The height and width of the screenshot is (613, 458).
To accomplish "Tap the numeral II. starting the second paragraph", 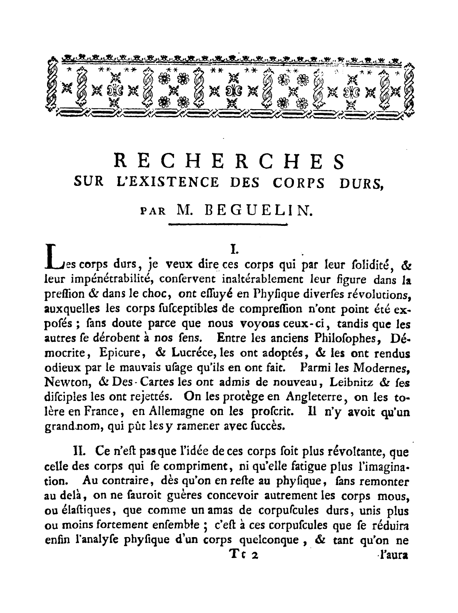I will click(79, 452).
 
